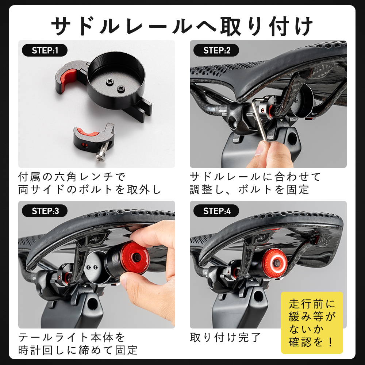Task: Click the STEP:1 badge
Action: [45, 50]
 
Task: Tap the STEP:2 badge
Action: [216, 50]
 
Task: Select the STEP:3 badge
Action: [45, 211]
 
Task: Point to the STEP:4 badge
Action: [216, 211]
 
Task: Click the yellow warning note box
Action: [312, 322]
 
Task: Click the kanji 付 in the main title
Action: [279, 26]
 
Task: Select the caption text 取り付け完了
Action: [225, 337]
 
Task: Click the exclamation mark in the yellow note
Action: [331, 342]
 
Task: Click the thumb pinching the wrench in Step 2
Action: [261, 149]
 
